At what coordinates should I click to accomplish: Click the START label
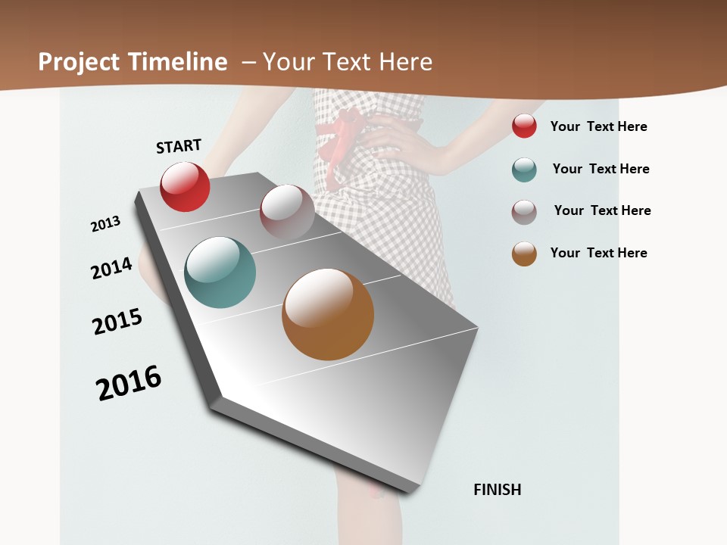[179, 146]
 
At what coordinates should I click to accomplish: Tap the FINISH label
[498, 490]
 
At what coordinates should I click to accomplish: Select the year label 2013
[106, 224]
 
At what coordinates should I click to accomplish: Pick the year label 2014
[111, 268]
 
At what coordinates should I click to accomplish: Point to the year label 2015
[117, 322]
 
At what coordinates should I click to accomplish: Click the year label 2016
[129, 383]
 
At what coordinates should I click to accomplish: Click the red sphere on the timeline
[185, 186]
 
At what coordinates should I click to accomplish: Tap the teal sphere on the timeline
[220, 272]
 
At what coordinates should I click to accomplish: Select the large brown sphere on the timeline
[328, 314]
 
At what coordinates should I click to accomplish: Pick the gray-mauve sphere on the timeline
[287, 212]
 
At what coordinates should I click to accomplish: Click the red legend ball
[524, 126]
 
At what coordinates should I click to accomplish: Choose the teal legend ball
[524, 170]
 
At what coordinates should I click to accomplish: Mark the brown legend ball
[524, 254]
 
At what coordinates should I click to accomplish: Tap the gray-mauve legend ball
[524, 212]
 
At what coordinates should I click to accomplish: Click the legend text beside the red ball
[598, 126]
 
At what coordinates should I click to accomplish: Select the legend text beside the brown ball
[598, 253]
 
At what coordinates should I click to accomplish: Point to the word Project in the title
[79, 62]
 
